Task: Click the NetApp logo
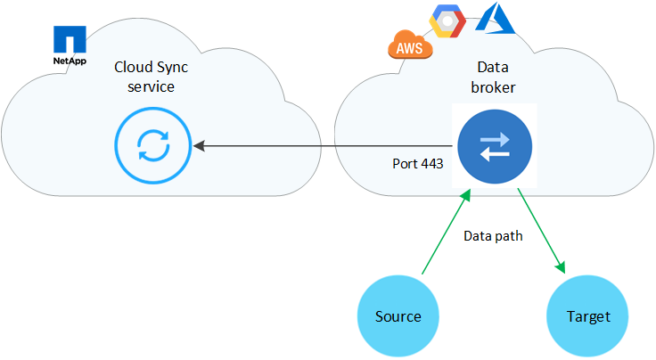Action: click(x=70, y=45)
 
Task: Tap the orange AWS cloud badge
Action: click(x=410, y=45)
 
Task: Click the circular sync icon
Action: click(x=152, y=144)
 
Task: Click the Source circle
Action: click(x=398, y=316)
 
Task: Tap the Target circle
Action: click(x=589, y=316)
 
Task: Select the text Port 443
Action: click(x=417, y=164)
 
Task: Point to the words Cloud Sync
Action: click(x=151, y=68)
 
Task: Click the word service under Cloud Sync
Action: click(x=151, y=87)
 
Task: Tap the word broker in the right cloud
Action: click(x=495, y=87)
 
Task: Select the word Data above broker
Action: click(x=495, y=68)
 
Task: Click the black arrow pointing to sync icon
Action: click(x=321, y=144)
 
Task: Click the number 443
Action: click(x=430, y=164)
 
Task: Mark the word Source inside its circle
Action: click(x=398, y=316)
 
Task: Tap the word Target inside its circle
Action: click(x=589, y=316)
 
